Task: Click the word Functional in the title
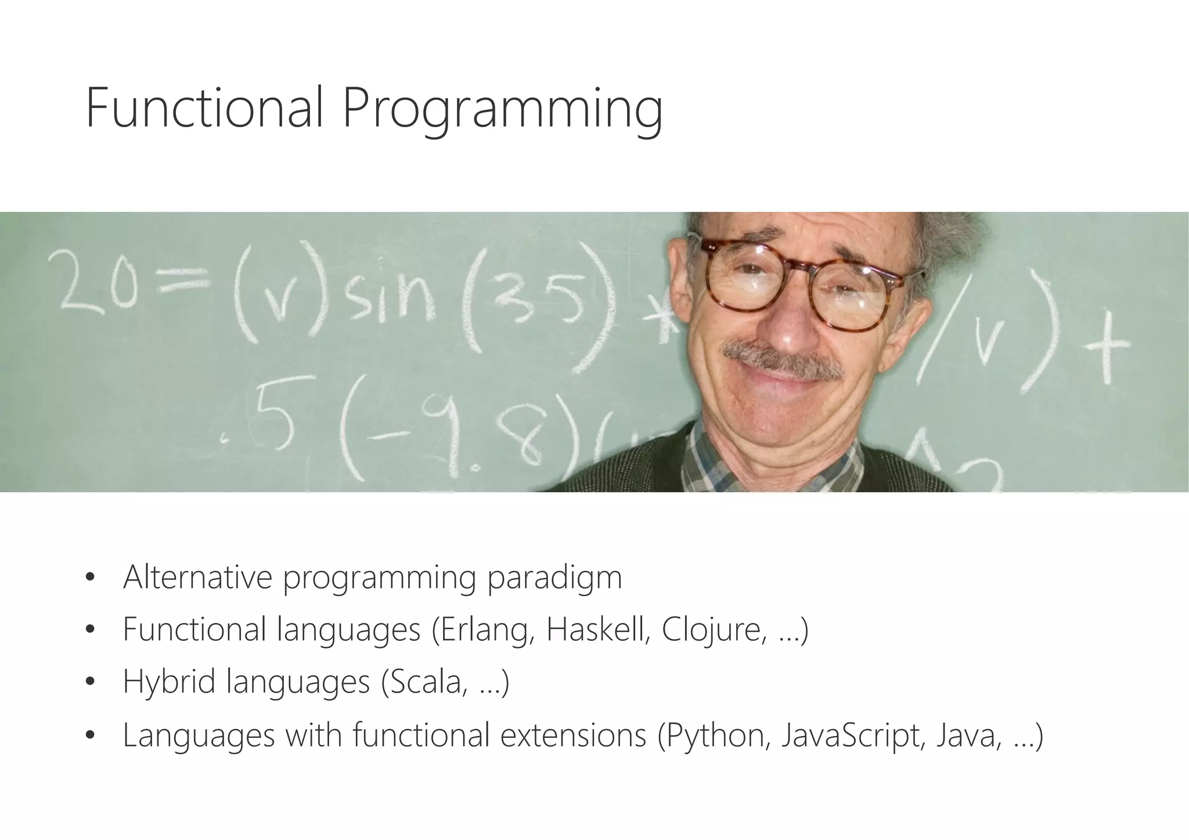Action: (x=203, y=107)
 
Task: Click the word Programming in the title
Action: (x=502, y=110)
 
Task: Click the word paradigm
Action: (x=554, y=578)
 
